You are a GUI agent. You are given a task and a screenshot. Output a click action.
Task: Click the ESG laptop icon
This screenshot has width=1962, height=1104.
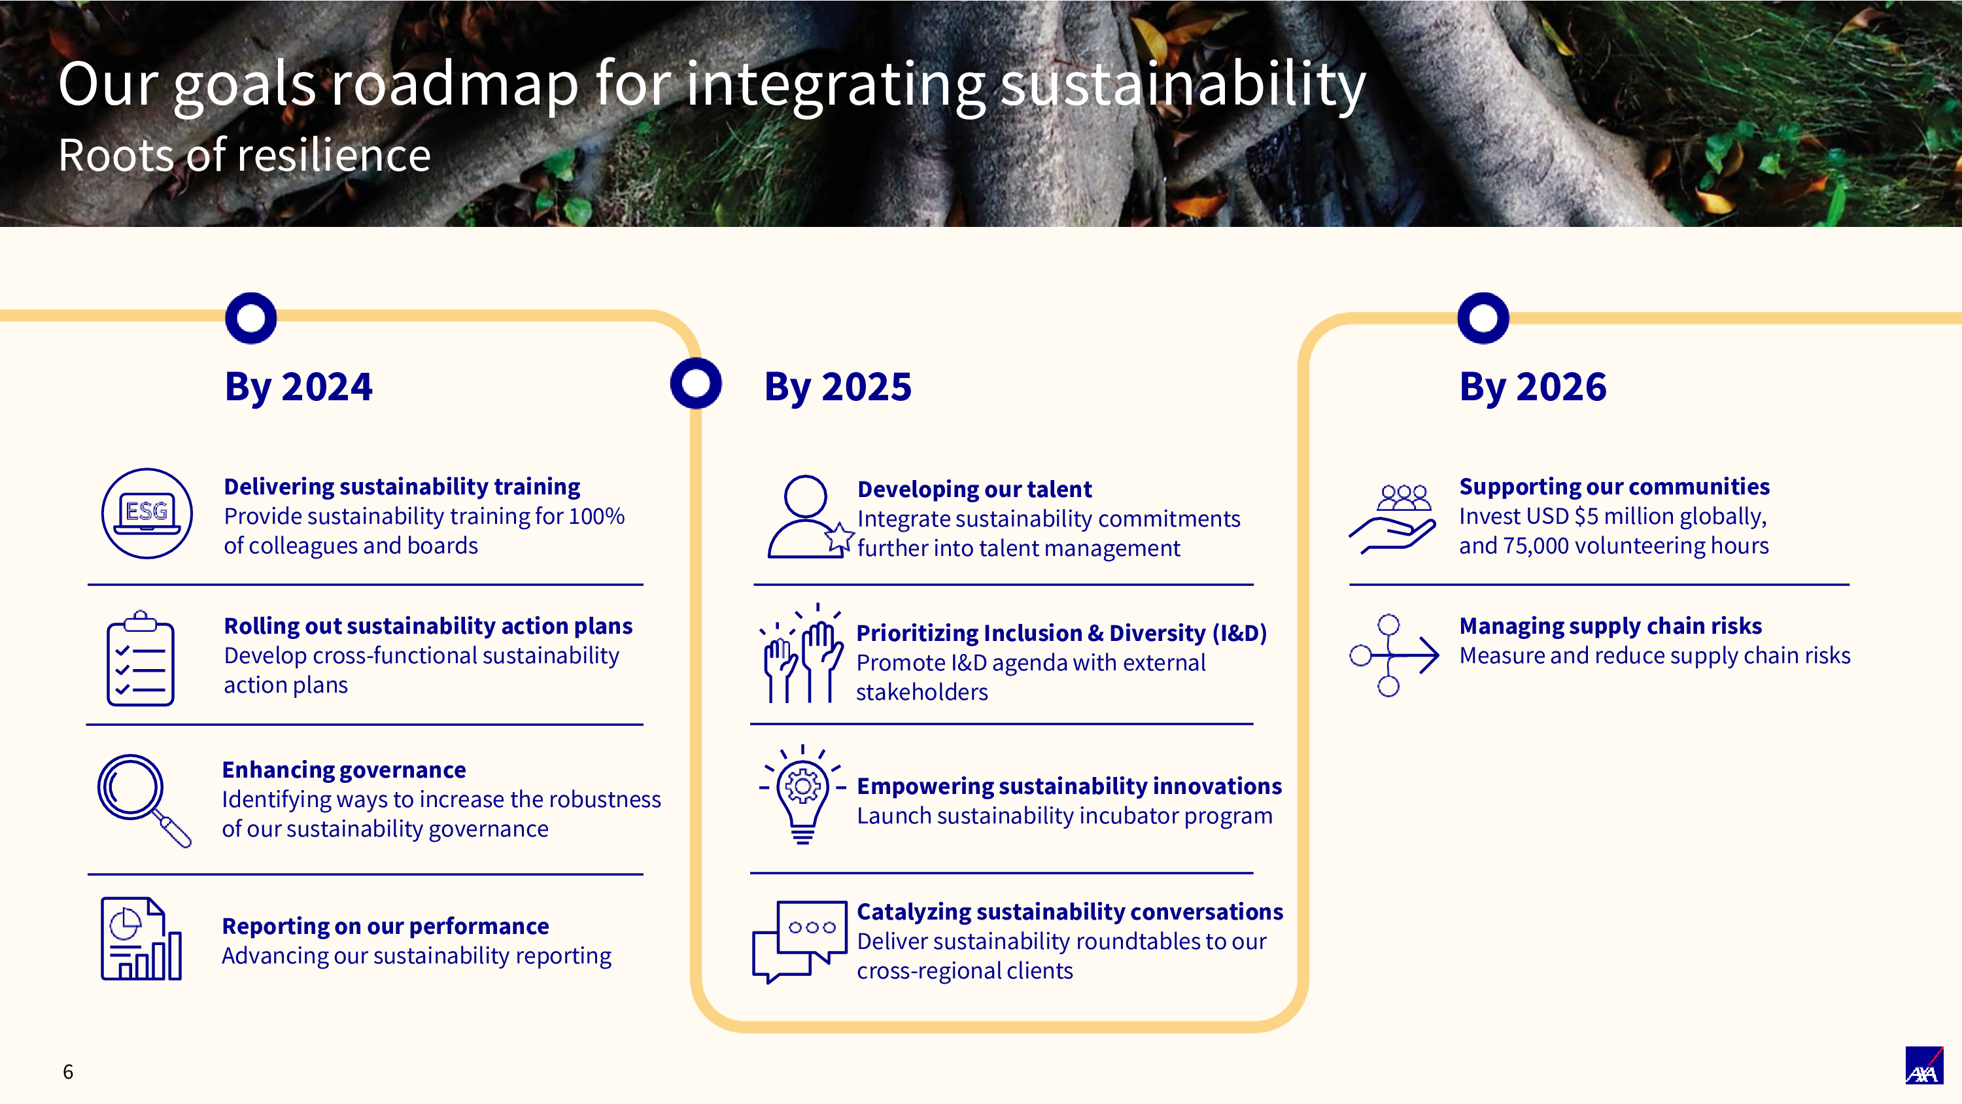(146, 513)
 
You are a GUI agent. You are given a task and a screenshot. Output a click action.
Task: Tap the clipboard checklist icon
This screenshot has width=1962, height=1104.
(140, 659)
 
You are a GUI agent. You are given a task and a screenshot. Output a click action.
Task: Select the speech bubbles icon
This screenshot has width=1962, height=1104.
(800, 942)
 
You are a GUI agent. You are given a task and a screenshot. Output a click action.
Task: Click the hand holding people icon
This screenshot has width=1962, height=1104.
(1394, 518)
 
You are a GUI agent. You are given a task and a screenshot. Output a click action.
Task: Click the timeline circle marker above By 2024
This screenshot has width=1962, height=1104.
(250, 318)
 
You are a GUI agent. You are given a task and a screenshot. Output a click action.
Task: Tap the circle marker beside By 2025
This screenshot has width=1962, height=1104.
(695, 383)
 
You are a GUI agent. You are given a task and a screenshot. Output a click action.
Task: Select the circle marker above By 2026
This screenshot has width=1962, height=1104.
(1483, 318)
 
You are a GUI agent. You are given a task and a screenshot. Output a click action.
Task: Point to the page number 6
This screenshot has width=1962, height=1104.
(68, 1072)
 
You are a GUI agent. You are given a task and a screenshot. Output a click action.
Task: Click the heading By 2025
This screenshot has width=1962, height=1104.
(837, 387)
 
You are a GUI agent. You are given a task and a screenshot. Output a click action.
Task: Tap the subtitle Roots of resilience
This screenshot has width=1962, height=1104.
(245, 156)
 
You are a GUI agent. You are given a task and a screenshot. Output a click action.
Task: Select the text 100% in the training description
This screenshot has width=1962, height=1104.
(596, 517)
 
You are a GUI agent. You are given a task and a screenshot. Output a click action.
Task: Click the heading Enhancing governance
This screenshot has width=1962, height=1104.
(343, 770)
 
